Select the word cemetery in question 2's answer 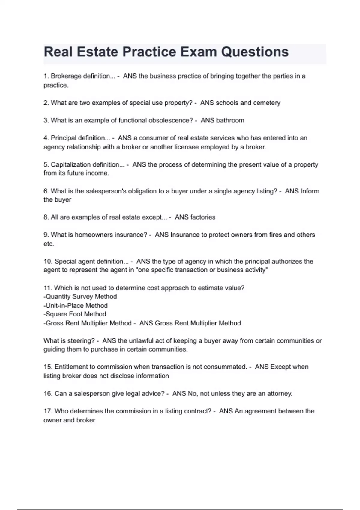click(267, 103)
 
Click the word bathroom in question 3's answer click(230, 120)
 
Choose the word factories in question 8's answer click(203, 217)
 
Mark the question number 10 click(48, 261)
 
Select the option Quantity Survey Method click(81, 297)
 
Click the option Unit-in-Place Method click(76, 306)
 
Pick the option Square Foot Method click(76, 314)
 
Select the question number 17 click(48, 411)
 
